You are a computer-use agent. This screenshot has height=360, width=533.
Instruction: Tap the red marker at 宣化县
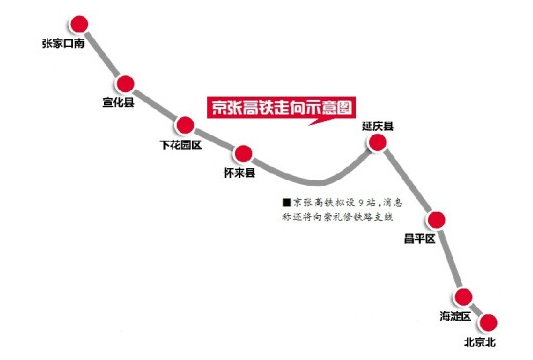(126, 84)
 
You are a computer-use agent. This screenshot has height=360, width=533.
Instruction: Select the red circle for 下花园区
(185, 125)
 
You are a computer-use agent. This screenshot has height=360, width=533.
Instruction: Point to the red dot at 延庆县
(378, 144)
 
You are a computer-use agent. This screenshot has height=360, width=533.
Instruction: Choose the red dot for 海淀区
(463, 296)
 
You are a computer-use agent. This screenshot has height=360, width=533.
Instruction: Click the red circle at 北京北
(487, 322)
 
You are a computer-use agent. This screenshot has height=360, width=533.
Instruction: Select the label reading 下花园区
(182, 145)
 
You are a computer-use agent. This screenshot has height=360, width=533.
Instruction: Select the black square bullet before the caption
(286, 200)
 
